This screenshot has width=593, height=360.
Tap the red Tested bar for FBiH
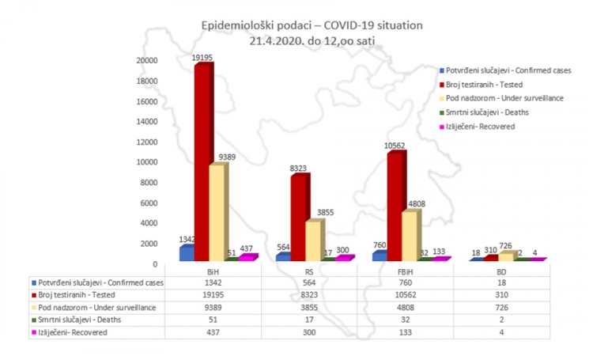pyautogui.click(x=395, y=206)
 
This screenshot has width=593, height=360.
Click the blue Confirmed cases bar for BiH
pyautogui.click(x=187, y=252)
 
